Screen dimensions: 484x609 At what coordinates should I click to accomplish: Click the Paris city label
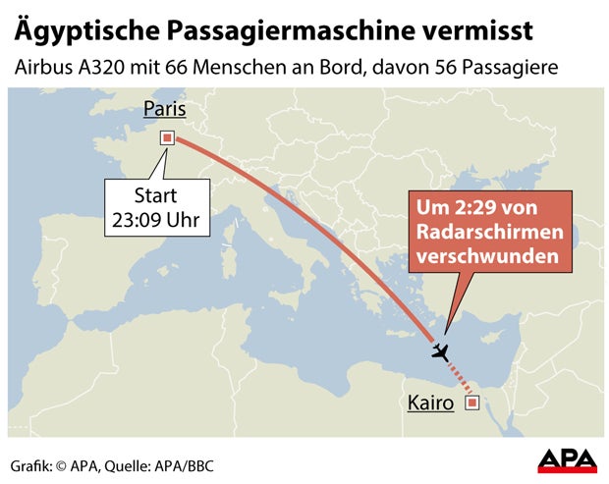pos(164,109)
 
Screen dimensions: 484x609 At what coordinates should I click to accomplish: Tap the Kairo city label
pos(430,403)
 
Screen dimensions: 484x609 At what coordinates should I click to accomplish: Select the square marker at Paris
pos(168,138)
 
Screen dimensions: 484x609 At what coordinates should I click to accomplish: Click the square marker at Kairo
pos(472,402)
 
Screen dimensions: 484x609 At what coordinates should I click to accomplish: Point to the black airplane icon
pos(440,350)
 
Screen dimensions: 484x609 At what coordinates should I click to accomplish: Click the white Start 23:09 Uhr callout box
pos(156,207)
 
